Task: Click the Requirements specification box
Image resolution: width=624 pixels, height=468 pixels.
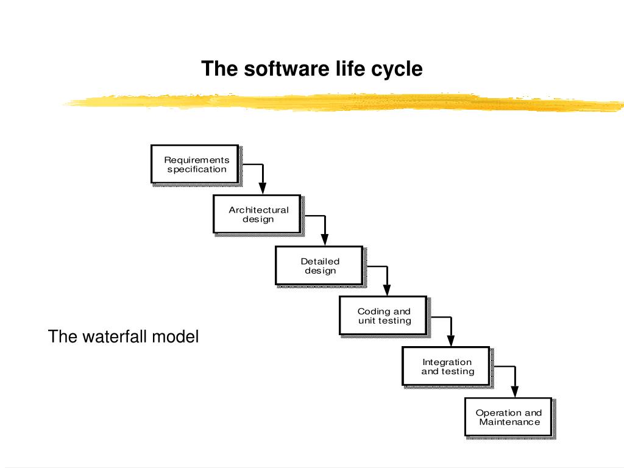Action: (195, 165)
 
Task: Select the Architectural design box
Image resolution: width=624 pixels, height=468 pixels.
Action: (257, 214)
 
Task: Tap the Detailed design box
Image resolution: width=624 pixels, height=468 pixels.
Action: (319, 266)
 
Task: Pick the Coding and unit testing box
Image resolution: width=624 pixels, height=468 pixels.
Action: (383, 316)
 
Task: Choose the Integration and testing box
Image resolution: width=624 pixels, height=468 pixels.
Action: (446, 366)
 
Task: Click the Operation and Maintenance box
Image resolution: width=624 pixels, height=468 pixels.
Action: (509, 417)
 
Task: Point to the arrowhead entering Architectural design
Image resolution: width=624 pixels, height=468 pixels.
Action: (263, 188)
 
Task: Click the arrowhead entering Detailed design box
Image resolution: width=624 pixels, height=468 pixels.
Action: (325, 239)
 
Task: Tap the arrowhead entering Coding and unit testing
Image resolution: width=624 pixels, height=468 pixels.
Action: (387, 289)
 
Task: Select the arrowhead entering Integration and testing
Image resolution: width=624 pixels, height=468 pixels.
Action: (451, 341)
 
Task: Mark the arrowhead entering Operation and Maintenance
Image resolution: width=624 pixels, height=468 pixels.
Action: (514, 391)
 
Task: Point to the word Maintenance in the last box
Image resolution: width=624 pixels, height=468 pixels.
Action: (510, 422)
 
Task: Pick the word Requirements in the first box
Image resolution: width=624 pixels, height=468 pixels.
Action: (197, 160)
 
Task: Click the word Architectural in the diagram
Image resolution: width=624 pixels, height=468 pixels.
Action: (258, 210)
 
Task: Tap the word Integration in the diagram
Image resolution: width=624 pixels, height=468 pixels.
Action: (447, 362)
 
